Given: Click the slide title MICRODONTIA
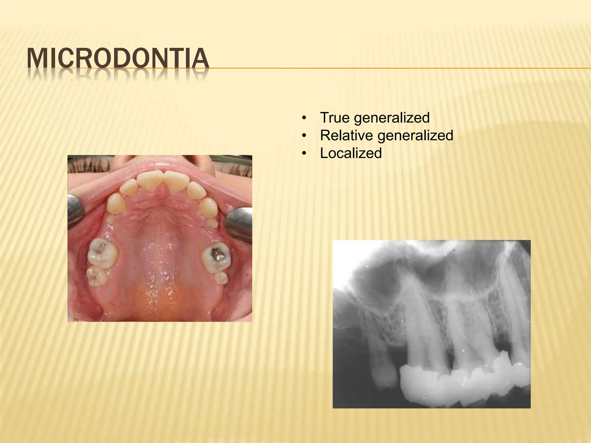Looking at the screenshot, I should (x=118, y=59).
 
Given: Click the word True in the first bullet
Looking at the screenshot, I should (x=334, y=118).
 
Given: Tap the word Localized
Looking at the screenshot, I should (x=351, y=153).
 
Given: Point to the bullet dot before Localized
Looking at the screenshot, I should (x=303, y=153).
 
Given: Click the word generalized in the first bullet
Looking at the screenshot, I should (x=392, y=118).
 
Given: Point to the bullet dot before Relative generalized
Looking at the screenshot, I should (x=303, y=136).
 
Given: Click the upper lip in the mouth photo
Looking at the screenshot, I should (x=162, y=166).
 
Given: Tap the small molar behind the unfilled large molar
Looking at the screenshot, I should (x=97, y=276).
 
